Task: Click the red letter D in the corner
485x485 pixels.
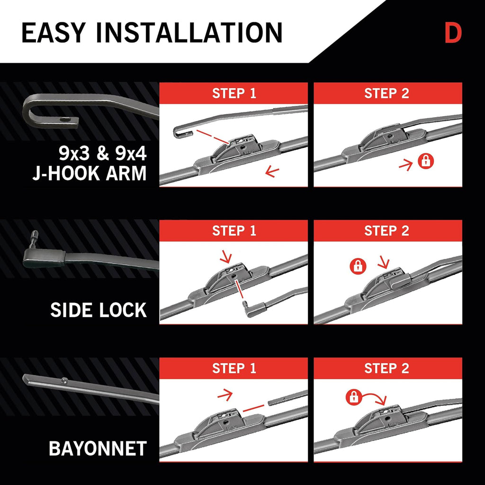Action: point(453,33)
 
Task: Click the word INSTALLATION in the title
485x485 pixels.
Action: point(189,33)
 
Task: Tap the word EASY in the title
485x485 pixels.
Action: point(53,33)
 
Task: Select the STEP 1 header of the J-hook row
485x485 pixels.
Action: point(234,93)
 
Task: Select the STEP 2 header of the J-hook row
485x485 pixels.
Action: point(386,93)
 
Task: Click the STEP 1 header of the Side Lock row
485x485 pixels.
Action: point(234,231)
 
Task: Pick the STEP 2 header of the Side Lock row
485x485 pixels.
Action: point(386,231)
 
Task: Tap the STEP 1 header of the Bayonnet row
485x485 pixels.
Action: point(234,368)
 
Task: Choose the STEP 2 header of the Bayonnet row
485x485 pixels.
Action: point(386,368)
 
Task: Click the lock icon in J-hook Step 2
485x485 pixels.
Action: point(426,161)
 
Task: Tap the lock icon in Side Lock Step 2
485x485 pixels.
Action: point(358,266)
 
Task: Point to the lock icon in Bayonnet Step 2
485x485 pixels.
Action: point(354,397)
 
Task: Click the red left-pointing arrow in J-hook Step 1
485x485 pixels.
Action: point(272,171)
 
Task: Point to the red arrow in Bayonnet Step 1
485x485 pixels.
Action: point(225,395)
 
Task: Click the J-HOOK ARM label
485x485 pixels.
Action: point(90,173)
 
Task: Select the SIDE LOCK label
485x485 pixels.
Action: point(99,310)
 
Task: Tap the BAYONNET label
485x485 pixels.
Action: point(98,448)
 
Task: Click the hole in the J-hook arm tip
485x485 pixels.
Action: point(65,119)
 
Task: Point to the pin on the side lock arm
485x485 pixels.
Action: point(34,237)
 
